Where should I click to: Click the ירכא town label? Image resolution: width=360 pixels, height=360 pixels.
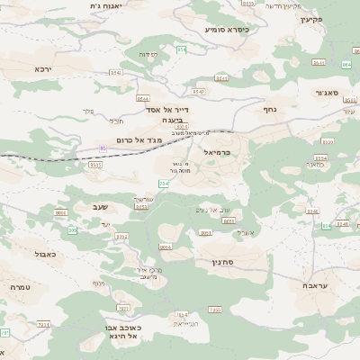[43, 68]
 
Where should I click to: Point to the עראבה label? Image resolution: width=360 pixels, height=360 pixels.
[316, 285]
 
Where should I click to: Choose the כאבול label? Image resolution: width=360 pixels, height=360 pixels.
[45, 255]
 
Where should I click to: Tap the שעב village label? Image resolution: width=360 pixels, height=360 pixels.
[100, 207]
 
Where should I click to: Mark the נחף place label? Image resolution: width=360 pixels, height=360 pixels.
[268, 108]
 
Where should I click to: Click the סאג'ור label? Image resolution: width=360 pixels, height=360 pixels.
[326, 93]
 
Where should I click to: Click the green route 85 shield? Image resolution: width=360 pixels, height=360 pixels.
[103, 147]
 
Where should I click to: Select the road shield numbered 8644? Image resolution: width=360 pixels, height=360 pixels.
[143, 98]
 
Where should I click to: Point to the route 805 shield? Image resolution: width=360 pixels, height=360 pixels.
[72, 230]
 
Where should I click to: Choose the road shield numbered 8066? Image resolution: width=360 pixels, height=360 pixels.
[61, 212]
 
